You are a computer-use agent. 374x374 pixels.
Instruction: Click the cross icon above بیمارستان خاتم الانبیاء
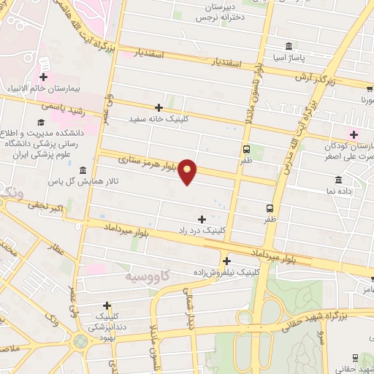tap(44, 76)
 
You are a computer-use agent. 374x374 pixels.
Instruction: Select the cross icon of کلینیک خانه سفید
tap(159, 107)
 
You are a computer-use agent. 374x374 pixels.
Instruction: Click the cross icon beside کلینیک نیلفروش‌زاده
tap(227, 261)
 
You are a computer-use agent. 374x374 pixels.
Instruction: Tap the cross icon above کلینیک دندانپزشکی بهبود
tap(107, 305)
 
